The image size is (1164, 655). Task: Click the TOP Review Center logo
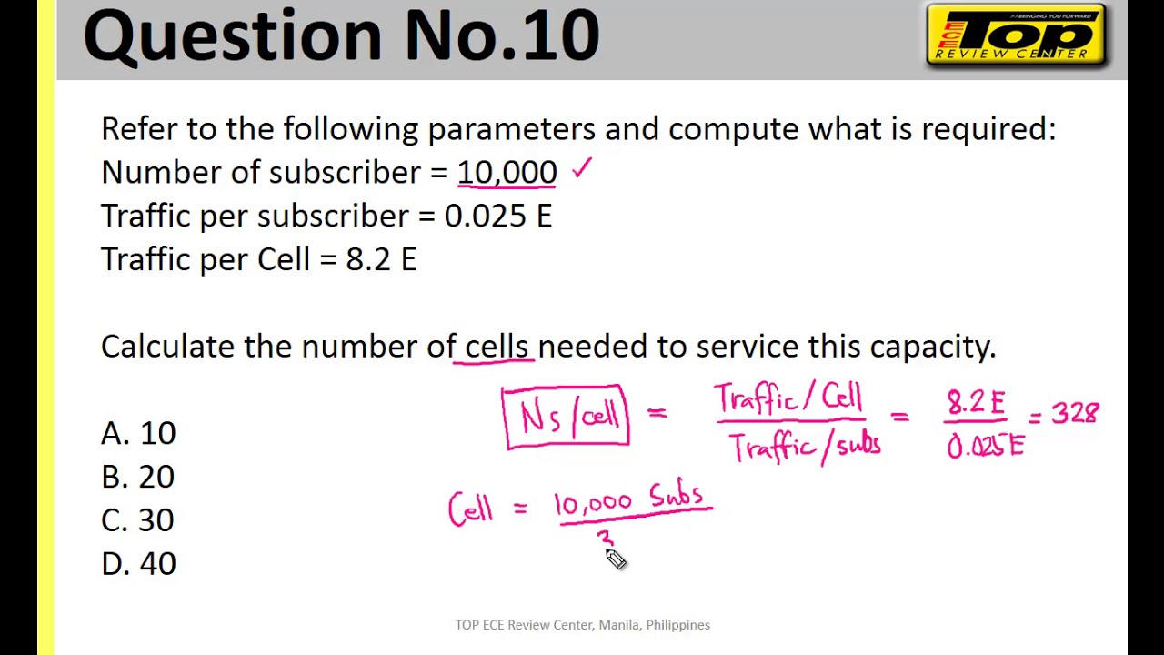coord(1015,35)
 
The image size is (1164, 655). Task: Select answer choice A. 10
coord(138,433)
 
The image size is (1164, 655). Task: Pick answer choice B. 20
coord(138,477)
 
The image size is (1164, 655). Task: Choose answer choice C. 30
coord(138,520)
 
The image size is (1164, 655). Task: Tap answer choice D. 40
coord(138,564)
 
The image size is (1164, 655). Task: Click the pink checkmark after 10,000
coord(582,168)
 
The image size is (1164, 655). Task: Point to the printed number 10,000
coord(507,173)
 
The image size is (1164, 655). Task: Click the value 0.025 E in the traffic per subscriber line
coord(497,217)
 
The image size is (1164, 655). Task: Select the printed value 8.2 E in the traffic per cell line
coord(381,260)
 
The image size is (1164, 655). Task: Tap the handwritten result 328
coord(1075,415)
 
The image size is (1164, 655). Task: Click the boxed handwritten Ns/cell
coord(566,418)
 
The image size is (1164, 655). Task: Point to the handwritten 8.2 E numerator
coord(976,401)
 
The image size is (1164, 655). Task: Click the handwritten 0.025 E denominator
coord(986,446)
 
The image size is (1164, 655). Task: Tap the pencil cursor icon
coord(616,559)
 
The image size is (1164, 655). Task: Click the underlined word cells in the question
coord(496,347)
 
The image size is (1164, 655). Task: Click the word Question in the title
coord(233,36)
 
